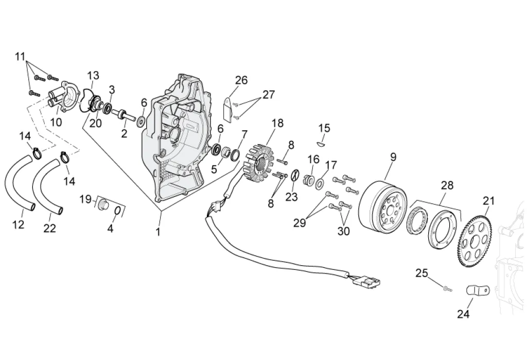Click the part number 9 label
click(393, 157)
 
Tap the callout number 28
click(447, 185)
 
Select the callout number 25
click(422, 273)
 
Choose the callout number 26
click(241, 80)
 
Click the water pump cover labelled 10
click(64, 96)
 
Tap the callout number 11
click(20, 57)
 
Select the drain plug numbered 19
click(103, 204)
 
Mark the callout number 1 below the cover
click(157, 232)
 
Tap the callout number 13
click(93, 75)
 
